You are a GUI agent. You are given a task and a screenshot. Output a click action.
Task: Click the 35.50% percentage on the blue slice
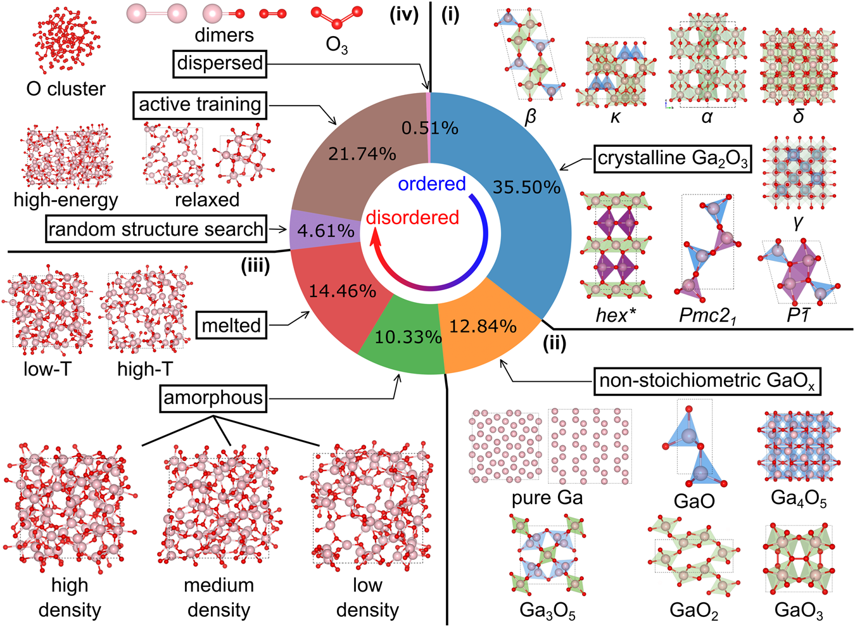click(526, 187)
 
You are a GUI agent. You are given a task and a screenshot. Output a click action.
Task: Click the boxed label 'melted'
click(231, 326)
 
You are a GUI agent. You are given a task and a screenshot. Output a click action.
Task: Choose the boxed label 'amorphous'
click(213, 398)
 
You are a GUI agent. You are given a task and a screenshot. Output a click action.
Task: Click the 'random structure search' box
click(156, 229)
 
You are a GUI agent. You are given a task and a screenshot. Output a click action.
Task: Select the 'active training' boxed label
click(199, 104)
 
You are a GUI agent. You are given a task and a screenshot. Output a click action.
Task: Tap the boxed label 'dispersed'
click(220, 63)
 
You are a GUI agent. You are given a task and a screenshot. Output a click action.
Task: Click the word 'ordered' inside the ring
click(432, 184)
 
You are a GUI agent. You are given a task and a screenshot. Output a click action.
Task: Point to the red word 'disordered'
click(412, 217)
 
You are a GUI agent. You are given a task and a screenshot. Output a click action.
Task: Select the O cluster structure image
click(66, 41)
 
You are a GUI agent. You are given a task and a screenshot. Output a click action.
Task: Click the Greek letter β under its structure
click(531, 117)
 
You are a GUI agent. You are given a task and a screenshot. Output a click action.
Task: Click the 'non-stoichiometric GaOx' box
click(707, 381)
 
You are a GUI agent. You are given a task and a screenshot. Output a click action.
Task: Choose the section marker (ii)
click(554, 344)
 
